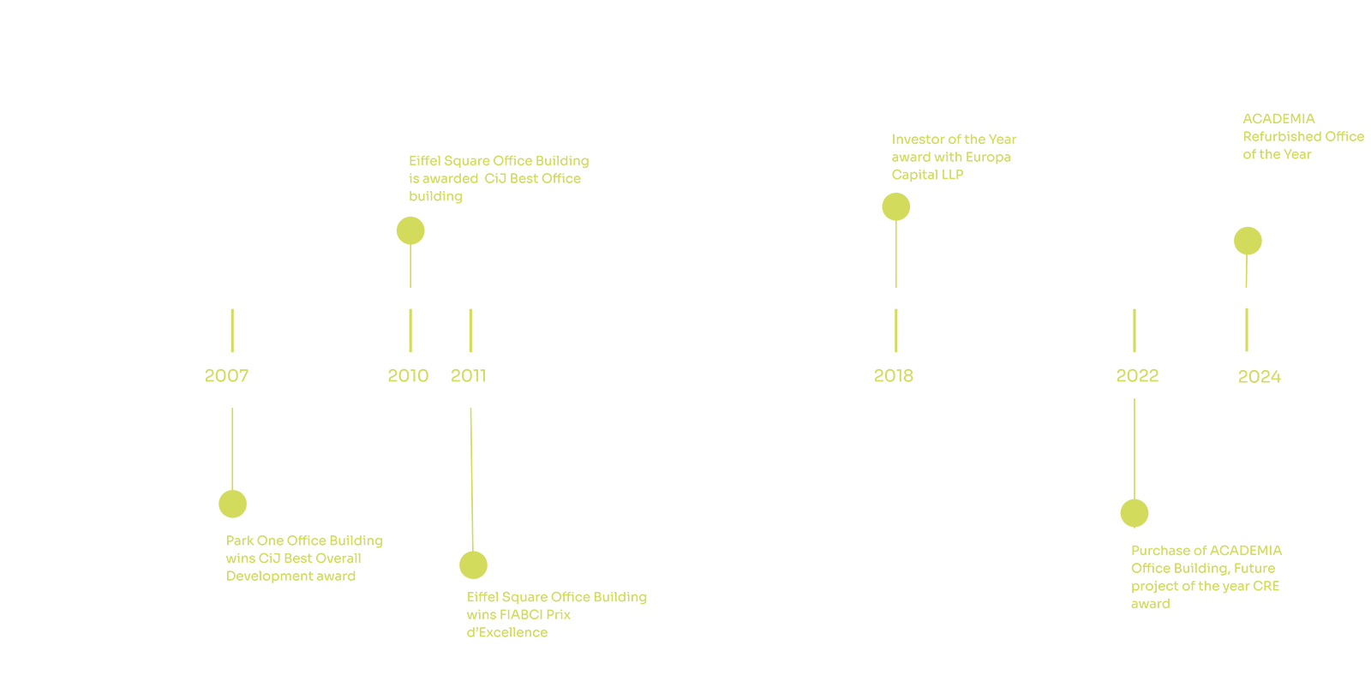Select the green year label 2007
coord(226,375)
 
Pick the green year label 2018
coord(894,375)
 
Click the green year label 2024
coord(1260,376)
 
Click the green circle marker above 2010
coord(410,230)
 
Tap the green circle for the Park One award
coord(232,505)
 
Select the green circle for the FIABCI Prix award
coord(473,565)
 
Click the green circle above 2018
coord(896,206)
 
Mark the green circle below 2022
coord(1135,513)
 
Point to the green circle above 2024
coord(1248,241)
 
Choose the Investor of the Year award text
coord(954,157)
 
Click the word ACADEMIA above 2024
coord(1278,118)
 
